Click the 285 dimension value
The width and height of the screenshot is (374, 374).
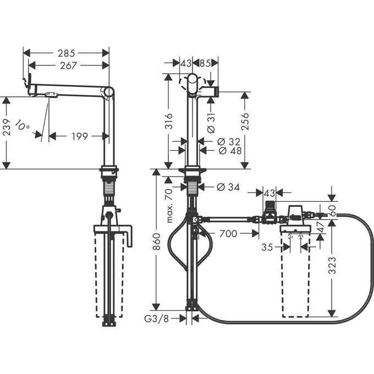click(67, 53)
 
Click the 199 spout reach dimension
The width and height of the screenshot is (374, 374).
click(80, 136)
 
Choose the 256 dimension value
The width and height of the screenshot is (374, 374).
click(245, 122)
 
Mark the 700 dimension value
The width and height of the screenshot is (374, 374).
click(227, 234)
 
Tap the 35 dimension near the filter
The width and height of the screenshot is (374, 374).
click(267, 248)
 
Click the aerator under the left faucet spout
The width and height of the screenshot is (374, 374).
click(51, 96)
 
